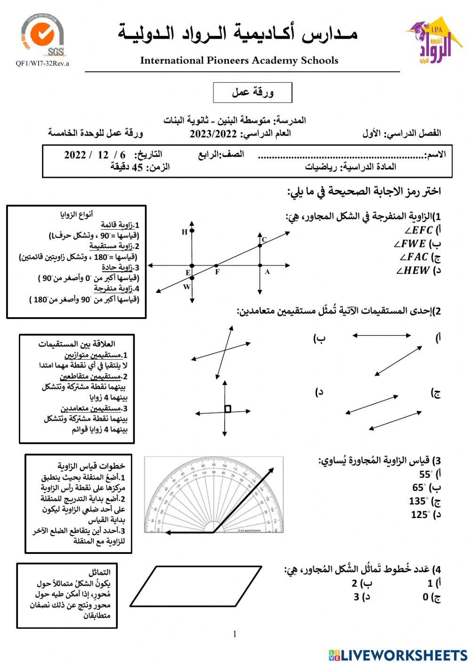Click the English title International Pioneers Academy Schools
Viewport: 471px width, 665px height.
point(239,60)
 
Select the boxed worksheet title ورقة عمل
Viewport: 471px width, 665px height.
point(252,92)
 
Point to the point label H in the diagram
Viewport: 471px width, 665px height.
point(184,232)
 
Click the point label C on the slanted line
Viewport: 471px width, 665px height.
point(264,240)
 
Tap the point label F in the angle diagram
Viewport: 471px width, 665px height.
point(217,272)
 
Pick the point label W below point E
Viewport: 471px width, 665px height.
point(187,287)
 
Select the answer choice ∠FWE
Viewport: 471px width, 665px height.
point(411,244)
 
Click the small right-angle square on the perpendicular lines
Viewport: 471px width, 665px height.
point(228,409)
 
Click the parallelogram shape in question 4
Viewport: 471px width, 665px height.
point(196,586)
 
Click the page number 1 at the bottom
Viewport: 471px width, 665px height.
point(235,634)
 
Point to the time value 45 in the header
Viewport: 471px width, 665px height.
point(137,167)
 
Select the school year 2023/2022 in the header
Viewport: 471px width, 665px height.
point(213,134)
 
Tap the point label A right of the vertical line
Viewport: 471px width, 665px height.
point(267,272)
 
